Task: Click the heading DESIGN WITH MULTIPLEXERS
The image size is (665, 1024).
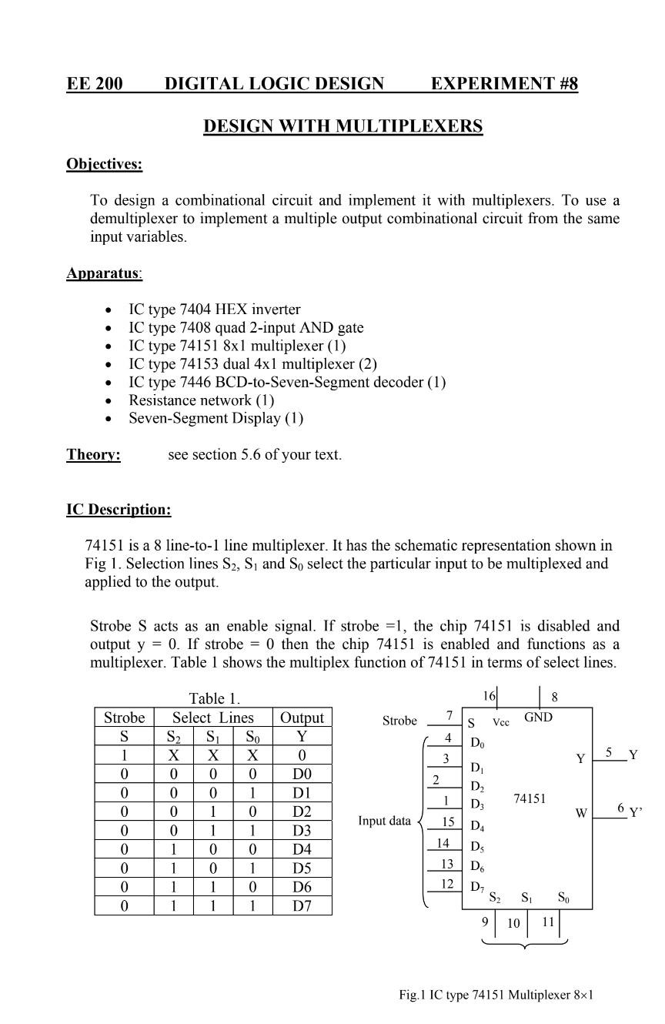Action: pos(343,126)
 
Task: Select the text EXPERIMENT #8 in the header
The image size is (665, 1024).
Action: pos(504,84)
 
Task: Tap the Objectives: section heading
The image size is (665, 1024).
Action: pos(104,164)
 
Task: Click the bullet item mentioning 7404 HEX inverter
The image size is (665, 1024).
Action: pos(214,310)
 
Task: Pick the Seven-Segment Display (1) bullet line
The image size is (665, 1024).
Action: pos(216,418)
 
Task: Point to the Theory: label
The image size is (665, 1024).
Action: pos(93,454)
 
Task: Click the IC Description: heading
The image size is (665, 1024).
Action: pos(119,510)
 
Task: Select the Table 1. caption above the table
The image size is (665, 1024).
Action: pos(215,699)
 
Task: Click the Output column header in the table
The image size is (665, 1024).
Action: pos(302,718)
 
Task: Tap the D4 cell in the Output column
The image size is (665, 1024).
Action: pos(302,849)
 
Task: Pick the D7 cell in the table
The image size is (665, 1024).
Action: pos(302,905)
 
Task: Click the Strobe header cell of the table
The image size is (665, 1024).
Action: pos(124,718)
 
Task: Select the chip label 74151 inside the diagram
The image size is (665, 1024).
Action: pos(530,799)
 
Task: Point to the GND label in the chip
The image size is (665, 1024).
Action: pos(538,718)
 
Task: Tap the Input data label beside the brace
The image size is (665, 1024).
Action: pos(385,821)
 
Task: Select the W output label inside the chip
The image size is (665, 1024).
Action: pos(581,813)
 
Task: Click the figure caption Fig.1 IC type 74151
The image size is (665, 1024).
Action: pos(496,995)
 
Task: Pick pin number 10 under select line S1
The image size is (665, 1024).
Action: pos(513,923)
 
